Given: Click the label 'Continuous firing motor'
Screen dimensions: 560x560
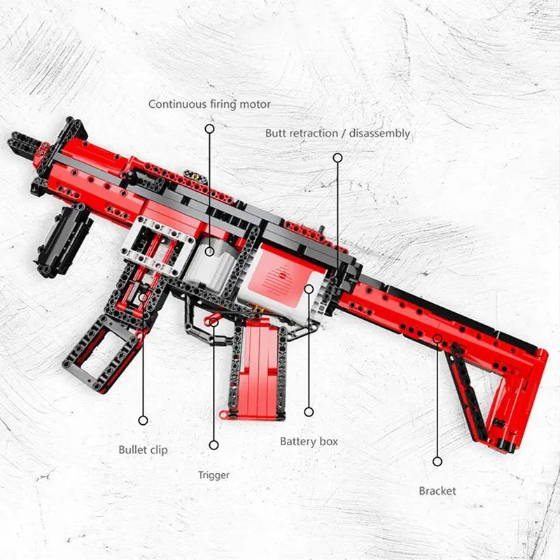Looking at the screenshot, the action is (209, 104).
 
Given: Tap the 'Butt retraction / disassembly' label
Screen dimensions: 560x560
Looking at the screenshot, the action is (337, 134).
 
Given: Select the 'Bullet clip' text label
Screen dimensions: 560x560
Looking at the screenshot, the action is (143, 450).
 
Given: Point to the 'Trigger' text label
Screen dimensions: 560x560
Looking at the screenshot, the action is (213, 475).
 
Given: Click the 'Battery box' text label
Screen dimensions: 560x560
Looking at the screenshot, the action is (309, 442).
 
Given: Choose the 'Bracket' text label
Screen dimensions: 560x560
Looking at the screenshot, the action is (437, 491).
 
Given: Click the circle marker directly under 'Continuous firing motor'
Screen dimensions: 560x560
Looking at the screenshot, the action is (209, 129).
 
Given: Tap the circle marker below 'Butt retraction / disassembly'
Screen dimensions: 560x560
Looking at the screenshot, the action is (337, 157).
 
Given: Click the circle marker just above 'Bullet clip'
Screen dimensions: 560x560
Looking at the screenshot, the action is (143, 421).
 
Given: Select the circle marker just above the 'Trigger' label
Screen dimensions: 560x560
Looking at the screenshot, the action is (213, 445).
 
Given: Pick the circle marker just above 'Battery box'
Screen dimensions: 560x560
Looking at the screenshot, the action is (309, 412).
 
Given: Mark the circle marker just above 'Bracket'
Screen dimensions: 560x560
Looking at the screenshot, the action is (437, 461).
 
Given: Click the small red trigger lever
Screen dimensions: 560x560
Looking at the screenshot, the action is (211, 321).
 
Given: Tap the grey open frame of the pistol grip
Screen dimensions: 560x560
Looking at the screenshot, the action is (101, 352).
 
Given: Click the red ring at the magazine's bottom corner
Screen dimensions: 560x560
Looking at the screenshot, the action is (223, 414).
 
